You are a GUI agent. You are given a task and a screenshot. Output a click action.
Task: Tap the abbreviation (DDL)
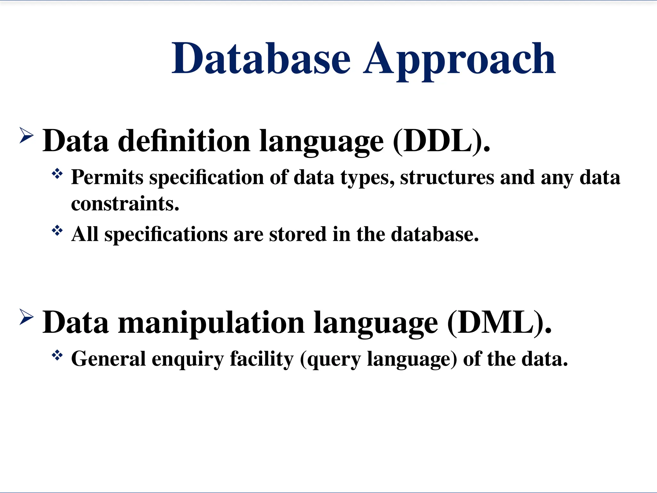point(441,141)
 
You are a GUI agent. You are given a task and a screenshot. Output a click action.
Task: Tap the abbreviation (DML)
point(499,323)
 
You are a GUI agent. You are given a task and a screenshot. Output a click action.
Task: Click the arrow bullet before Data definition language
point(26,135)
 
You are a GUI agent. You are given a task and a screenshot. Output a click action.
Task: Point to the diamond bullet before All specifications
point(57,230)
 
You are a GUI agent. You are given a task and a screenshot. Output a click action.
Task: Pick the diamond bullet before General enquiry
point(57,355)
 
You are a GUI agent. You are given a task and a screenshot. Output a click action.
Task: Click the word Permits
point(107,177)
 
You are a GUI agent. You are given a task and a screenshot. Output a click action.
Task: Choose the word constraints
point(125,203)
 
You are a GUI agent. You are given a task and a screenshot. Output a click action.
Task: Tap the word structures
point(447,177)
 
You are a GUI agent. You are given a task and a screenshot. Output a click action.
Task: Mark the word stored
point(297,234)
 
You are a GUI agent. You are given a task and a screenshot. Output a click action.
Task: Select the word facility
point(261,359)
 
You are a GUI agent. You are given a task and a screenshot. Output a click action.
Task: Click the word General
point(108,359)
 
